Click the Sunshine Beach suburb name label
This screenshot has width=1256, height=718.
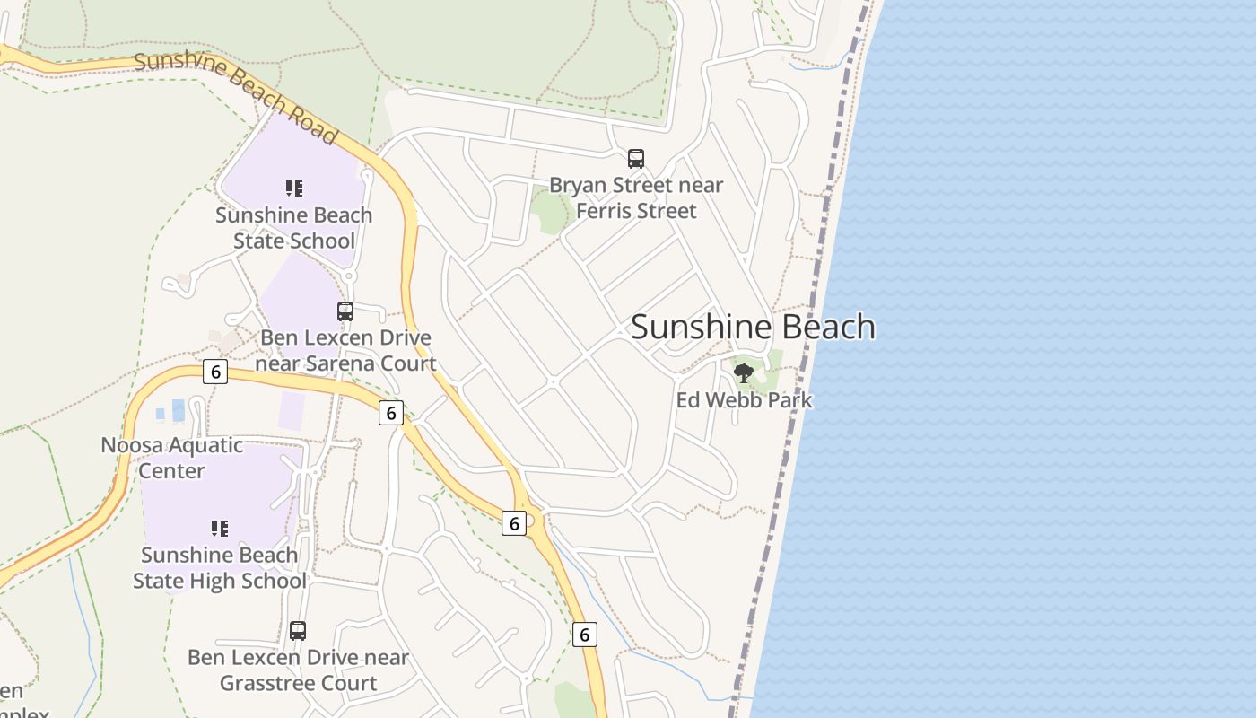(x=753, y=327)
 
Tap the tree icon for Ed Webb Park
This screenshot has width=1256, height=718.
(x=743, y=372)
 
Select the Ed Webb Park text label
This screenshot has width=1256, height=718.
(x=744, y=400)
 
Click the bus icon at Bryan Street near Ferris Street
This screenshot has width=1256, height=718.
(x=636, y=159)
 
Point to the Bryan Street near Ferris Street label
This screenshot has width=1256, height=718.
(x=636, y=198)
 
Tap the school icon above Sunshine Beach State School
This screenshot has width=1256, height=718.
(x=294, y=188)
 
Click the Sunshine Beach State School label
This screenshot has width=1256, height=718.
(x=293, y=228)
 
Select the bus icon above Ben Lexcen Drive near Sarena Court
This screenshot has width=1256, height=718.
(x=345, y=311)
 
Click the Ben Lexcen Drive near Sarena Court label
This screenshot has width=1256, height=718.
(x=345, y=351)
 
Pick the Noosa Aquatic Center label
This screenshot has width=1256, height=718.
(x=171, y=458)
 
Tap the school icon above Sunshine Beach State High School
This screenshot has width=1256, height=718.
(x=220, y=528)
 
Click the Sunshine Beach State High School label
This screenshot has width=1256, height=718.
(x=220, y=568)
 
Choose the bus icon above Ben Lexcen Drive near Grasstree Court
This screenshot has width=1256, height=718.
(x=298, y=631)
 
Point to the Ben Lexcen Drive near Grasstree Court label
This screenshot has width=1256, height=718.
(x=298, y=670)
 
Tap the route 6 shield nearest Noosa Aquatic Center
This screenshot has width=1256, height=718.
(x=215, y=372)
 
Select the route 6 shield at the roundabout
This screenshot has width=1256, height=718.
(x=514, y=523)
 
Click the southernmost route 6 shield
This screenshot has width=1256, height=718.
(x=584, y=635)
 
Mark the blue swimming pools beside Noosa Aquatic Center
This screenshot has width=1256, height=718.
(x=171, y=412)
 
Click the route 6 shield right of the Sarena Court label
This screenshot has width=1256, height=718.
(x=390, y=413)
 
